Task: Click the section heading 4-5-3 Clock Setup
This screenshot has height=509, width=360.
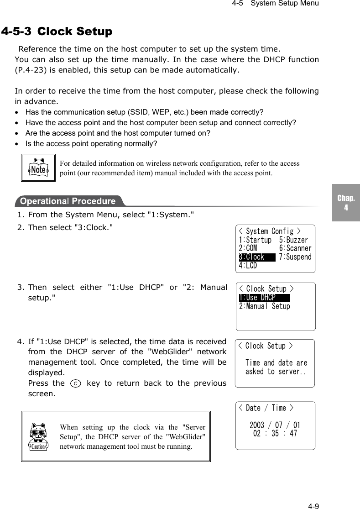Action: [x=57, y=31]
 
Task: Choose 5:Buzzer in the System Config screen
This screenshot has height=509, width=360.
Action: [x=293, y=240]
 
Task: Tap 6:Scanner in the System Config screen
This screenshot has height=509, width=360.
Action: [x=295, y=248]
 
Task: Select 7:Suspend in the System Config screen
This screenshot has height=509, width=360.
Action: [x=295, y=257]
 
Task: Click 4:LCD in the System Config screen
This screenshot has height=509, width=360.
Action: [x=248, y=265]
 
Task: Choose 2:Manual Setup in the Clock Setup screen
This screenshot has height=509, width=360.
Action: [x=264, y=306]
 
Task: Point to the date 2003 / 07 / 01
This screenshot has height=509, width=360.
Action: [x=275, y=425]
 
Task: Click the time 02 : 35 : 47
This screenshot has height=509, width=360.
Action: [x=275, y=434]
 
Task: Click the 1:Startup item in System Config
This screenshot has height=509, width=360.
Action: [x=255, y=240]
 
